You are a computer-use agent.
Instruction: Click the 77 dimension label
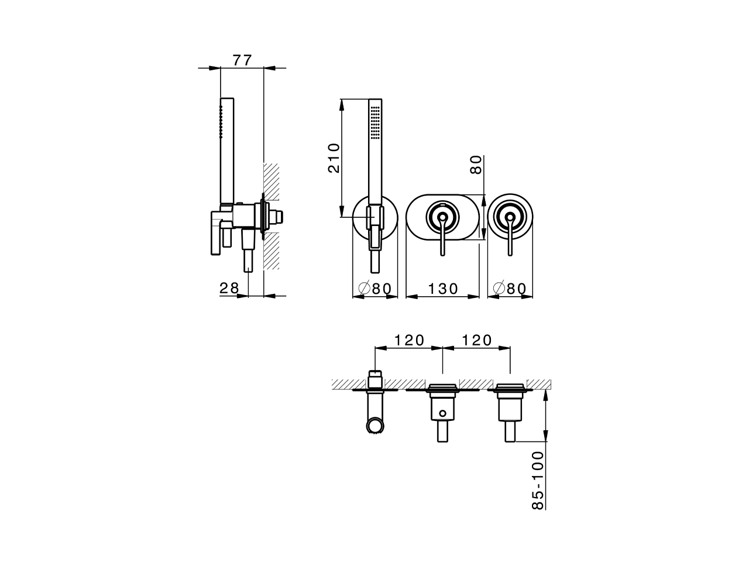tap(242, 60)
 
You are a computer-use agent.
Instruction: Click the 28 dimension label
tap(229, 287)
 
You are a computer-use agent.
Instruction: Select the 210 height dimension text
tap(334, 157)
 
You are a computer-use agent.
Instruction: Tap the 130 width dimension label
tap(442, 289)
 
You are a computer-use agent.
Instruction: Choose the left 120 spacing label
tap(409, 340)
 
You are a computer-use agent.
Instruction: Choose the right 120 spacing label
tap(476, 340)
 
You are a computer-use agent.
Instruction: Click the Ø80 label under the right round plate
tap(510, 289)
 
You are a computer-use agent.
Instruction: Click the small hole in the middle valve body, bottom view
tap(443, 414)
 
